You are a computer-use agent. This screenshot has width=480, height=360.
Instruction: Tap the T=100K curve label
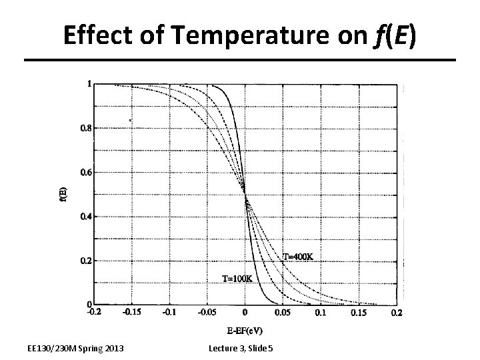(x=237, y=278)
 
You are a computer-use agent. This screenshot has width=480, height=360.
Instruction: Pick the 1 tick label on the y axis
(x=89, y=84)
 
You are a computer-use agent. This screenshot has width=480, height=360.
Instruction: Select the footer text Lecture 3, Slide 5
(x=245, y=349)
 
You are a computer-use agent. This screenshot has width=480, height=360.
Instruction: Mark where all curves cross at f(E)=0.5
(x=245, y=195)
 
